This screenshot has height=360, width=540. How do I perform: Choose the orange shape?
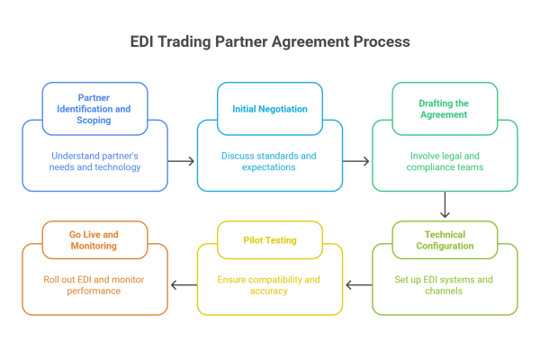pyautogui.click(x=94, y=270)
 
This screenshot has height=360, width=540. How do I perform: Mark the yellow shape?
pyautogui.click(x=270, y=270)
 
